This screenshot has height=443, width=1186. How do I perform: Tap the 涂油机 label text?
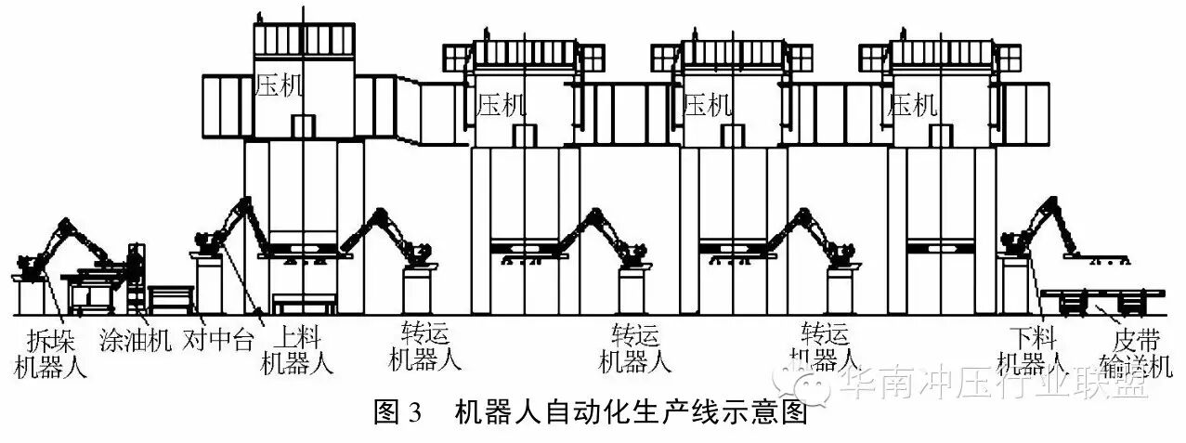pos(134,340)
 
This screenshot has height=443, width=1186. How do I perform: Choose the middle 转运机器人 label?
pos(635,347)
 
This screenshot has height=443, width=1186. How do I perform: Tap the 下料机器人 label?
pos(1033,349)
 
